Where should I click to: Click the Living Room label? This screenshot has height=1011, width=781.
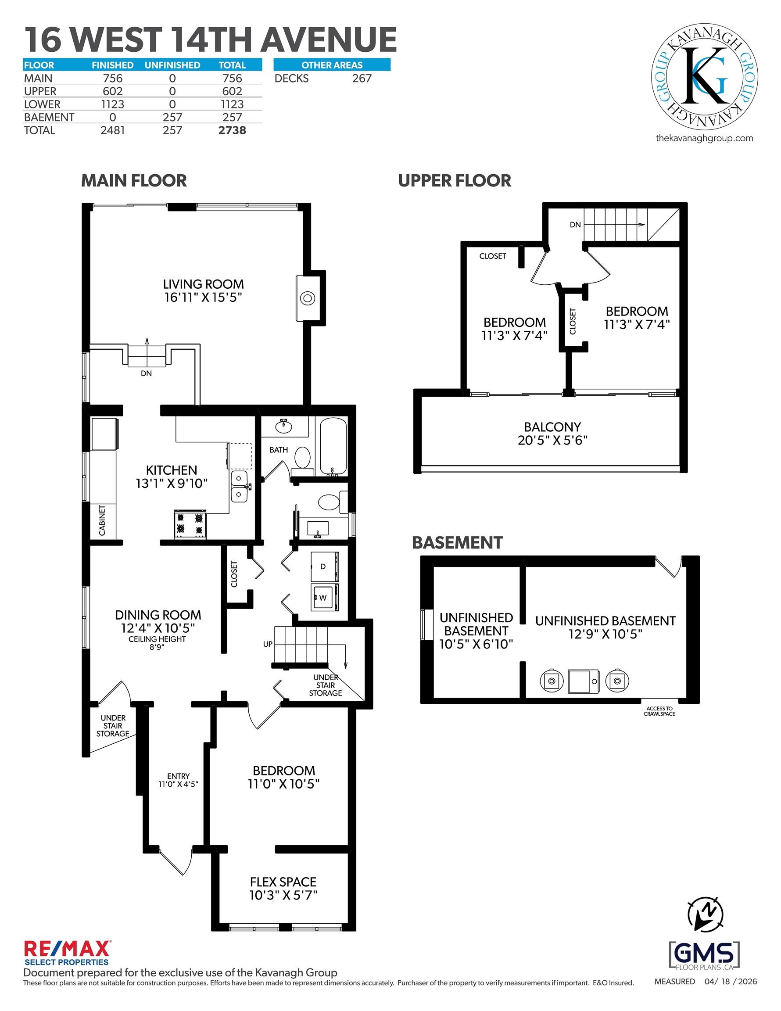tap(203, 291)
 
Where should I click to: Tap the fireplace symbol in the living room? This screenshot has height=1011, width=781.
tap(308, 298)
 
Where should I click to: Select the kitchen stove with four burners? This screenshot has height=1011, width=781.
tap(190, 524)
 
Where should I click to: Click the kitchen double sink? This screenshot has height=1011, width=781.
tap(240, 486)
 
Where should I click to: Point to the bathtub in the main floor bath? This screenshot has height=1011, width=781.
tap(333, 446)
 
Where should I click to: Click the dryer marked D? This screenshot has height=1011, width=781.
tap(325, 566)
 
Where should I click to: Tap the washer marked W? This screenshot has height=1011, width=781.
tap(325, 598)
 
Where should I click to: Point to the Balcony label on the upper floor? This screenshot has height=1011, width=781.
tap(552, 433)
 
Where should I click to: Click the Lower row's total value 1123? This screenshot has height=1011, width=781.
tap(232, 104)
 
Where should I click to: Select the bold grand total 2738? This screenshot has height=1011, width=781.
tap(232, 130)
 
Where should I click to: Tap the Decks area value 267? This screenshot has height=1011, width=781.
tap(362, 78)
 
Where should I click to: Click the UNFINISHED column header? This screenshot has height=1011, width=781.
tap(172, 65)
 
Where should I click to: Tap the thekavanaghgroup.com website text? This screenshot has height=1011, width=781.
tap(704, 138)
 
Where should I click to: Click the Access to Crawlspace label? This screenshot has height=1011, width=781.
tap(659, 711)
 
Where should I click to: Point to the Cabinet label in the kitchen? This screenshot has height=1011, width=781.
tap(102, 520)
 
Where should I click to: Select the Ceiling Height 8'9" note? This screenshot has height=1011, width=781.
tap(157, 642)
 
